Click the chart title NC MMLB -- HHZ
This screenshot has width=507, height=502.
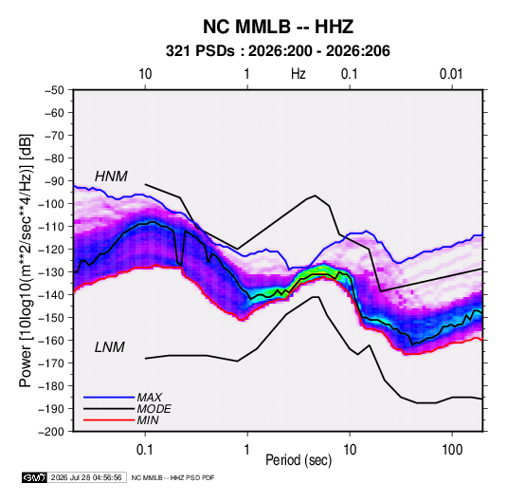278,27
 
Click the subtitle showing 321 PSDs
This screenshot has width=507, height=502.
278,51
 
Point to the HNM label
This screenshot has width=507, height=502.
111,177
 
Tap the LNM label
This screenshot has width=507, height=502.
109,347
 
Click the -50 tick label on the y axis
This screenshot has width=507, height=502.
55,90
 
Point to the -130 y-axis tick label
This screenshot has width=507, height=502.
52,272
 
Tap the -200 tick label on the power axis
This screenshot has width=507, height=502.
52,432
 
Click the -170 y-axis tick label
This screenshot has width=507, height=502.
52,363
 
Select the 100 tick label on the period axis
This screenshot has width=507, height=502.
452,450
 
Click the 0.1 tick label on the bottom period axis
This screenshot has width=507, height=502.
145,450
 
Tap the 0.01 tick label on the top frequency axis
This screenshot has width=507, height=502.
451,74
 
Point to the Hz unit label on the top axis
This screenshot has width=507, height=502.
299,74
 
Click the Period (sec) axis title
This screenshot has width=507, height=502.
299,460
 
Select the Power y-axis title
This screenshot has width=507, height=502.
26,261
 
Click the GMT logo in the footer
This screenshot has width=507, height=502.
35,477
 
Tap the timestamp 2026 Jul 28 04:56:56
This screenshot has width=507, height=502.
86,477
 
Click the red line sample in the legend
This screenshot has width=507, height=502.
109,420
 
